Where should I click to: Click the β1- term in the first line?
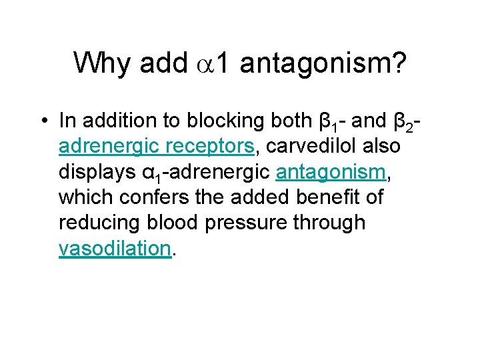click(329, 122)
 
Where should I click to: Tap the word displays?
click(98, 172)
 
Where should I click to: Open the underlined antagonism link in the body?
click(331, 172)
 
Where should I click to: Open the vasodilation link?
click(115, 248)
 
